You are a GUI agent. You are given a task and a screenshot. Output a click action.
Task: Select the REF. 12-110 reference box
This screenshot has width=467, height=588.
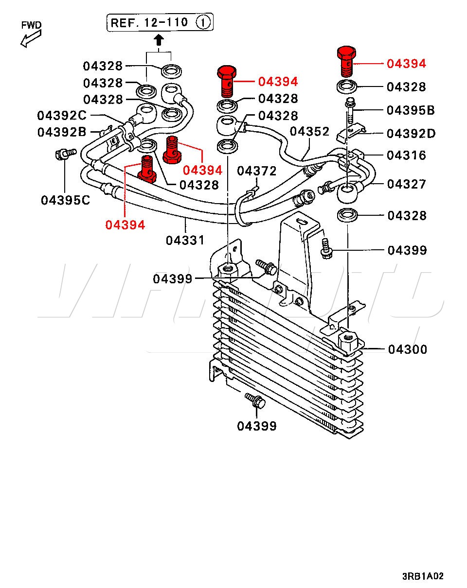[x=161, y=22]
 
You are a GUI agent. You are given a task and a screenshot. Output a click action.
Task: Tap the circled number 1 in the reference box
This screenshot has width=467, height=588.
[x=204, y=22]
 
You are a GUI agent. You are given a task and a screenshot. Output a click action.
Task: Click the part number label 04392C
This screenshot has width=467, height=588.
[x=62, y=116]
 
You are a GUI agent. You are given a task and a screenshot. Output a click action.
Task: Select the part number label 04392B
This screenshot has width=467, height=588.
[x=62, y=132]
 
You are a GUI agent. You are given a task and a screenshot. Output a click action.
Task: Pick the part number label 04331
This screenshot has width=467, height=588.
[x=185, y=240]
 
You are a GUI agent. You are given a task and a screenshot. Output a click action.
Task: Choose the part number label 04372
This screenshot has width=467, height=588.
[x=257, y=171]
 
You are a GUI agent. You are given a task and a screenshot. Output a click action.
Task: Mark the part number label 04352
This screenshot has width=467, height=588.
[x=309, y=132]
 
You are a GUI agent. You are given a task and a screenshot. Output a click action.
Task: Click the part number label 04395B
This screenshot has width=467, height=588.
[x=411, y=110]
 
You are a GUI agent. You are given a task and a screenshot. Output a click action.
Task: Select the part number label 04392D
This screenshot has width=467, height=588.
[x=411, y=133]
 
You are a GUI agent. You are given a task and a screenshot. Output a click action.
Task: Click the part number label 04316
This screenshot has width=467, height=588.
[x=407, y=156]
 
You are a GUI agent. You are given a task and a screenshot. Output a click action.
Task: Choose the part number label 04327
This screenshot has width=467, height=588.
[x=407, y=184]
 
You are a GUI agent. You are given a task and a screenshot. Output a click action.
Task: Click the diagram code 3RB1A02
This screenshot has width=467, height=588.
[x=423, y=576]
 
